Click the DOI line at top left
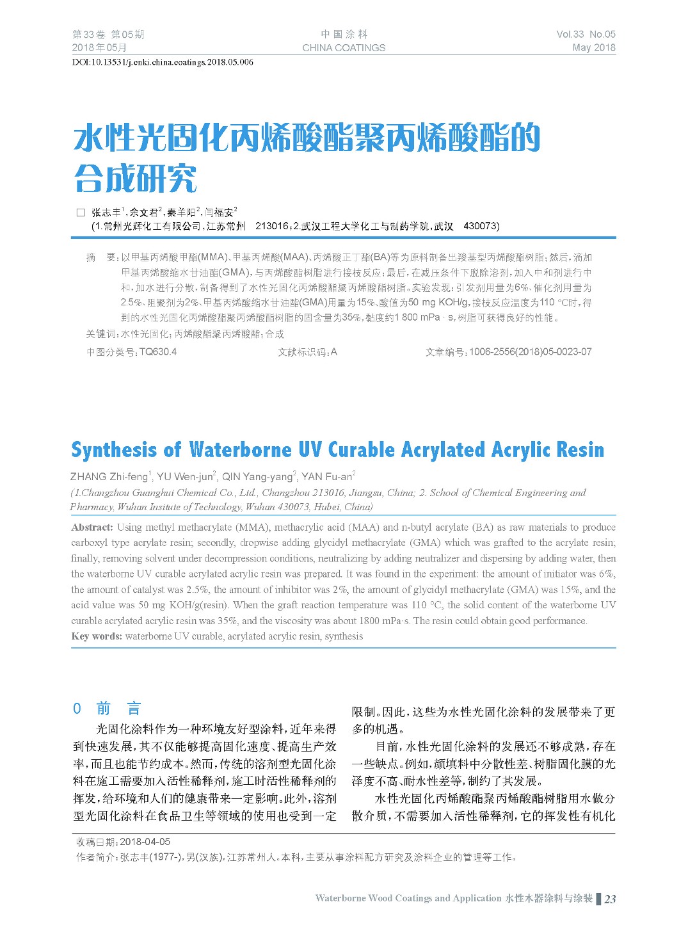[163, 62]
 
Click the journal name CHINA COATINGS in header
[344, 47]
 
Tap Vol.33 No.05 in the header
[586, 35]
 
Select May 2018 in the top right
[593, 47]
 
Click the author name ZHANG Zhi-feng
[109, 476]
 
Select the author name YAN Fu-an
[327, 476]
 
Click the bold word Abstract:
[92, 527]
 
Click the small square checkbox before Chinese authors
[81, 213]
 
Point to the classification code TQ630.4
[157, 351]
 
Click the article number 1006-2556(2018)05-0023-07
[531, 351]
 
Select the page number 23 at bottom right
[610, 899]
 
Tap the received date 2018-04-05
[145, 842]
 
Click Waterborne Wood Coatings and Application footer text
[408, 898]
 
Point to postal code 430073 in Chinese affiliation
[481, 226]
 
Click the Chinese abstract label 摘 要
[101, 257]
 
